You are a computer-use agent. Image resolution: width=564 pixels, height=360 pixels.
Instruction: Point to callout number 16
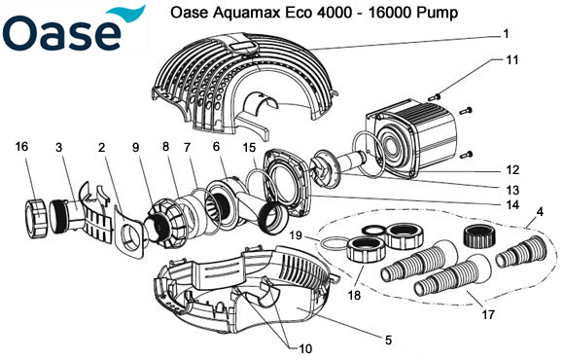point(21,147)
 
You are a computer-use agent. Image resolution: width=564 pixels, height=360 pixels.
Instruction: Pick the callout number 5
point(388,340)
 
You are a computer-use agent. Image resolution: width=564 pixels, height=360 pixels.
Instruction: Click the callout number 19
point(299,235)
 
